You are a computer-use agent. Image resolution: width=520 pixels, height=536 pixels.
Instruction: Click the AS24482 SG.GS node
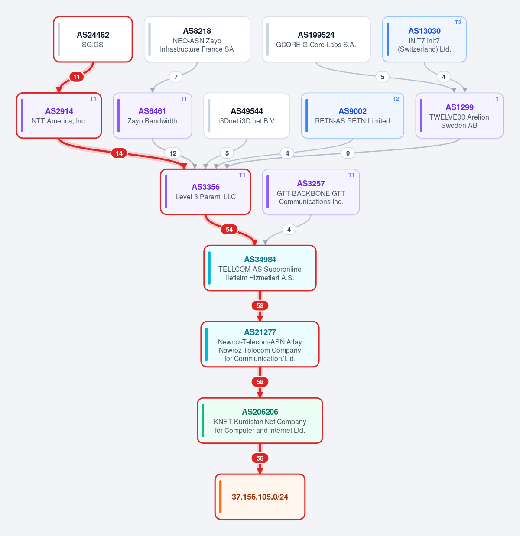[93, 39]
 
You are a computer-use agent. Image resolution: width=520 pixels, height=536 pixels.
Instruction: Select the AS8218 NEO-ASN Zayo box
[197, 39]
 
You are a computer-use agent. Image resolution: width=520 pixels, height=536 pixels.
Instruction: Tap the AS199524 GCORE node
[316, 39]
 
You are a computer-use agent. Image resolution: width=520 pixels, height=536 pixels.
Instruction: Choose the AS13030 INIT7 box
[424, 39]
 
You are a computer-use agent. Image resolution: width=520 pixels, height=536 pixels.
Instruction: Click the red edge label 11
[77, 77]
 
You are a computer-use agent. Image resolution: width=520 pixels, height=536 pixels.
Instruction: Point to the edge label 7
[176, 77]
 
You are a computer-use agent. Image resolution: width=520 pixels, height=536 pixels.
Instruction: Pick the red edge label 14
[119, 153]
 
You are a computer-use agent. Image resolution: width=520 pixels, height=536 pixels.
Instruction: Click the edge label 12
[173, 153]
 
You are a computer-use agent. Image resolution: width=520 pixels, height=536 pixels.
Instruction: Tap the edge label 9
[348, 153]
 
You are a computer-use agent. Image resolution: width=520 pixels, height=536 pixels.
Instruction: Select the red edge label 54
[229, 230]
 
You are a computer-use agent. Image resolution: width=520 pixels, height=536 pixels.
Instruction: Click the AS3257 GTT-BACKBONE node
[311, 192]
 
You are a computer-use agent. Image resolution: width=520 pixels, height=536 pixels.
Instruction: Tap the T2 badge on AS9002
[396, 99]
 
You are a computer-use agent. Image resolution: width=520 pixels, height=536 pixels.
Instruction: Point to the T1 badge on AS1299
[495, 99]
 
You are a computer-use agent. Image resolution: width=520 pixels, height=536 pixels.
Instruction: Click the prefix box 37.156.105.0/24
[260, 497]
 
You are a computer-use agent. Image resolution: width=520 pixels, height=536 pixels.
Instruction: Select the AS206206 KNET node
[260, 421]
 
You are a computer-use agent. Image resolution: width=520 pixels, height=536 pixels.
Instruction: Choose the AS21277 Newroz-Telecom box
[260, 344]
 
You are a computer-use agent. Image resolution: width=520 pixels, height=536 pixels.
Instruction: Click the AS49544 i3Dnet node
[247, 116]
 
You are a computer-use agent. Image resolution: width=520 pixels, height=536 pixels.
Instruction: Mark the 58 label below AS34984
[260, 306]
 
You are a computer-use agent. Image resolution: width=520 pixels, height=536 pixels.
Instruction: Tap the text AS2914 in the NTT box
[59, 111]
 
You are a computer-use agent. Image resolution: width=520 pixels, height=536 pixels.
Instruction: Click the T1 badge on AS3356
[242, 175]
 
